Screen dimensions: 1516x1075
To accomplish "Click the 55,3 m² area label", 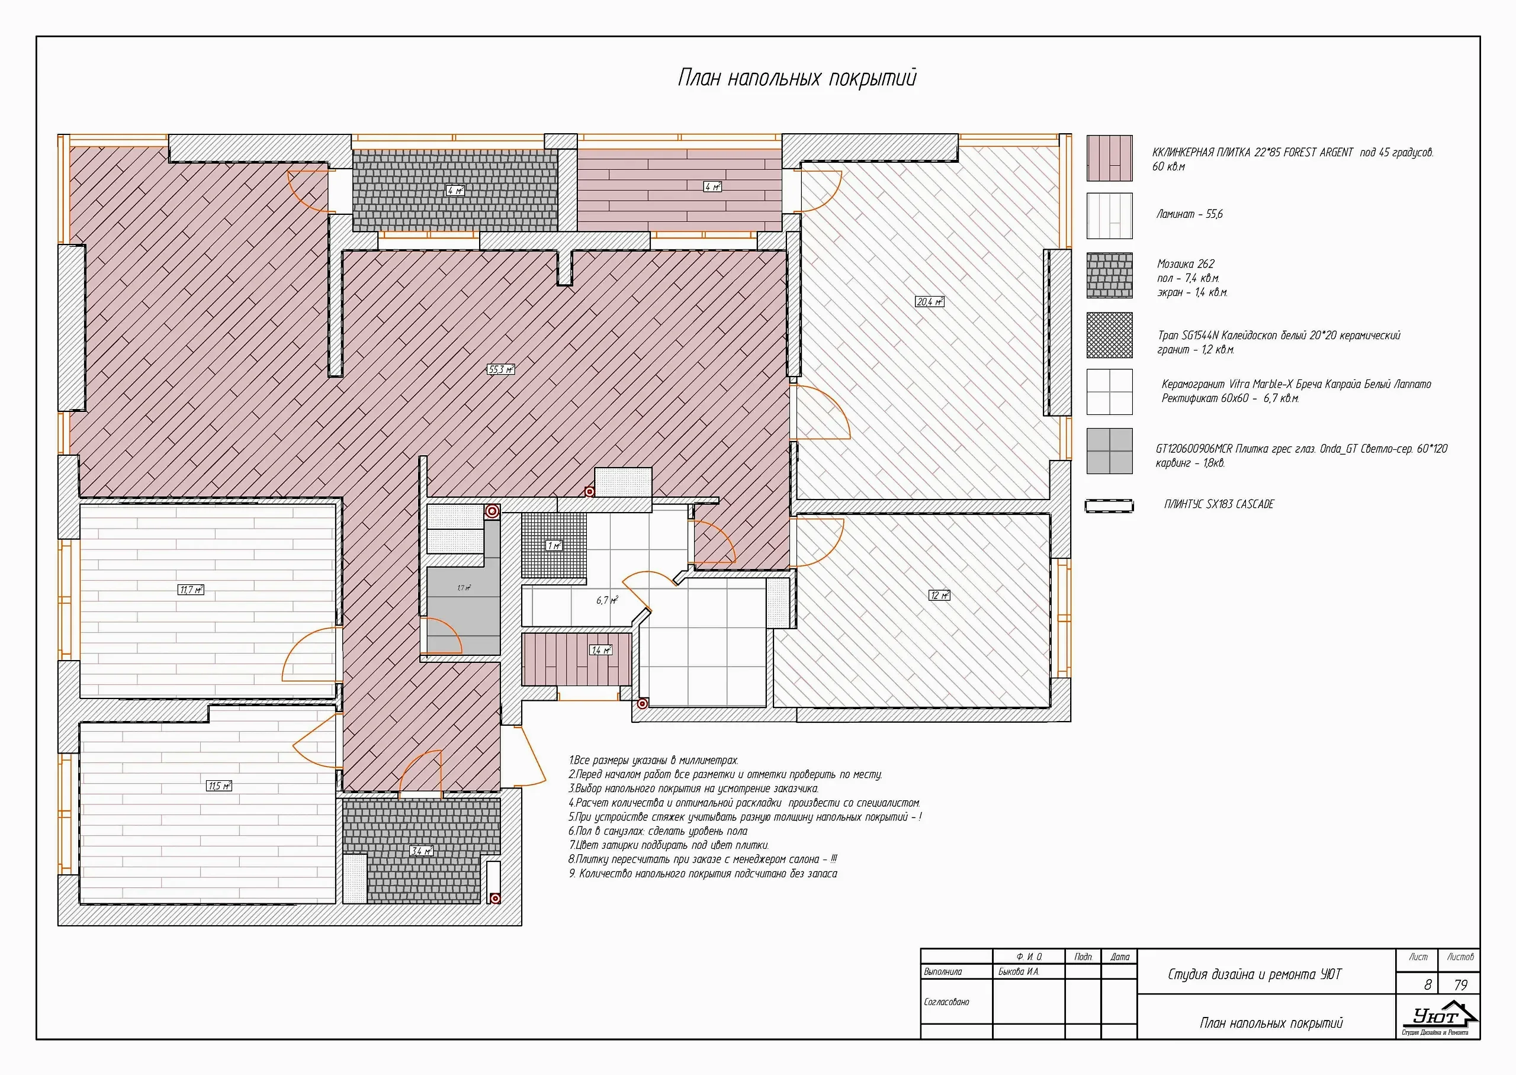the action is [500, 369].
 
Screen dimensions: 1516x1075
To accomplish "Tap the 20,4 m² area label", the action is [930, 302].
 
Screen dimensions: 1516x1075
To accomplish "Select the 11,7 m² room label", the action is [191, 590].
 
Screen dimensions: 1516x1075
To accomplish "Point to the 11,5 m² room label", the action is [219, 786].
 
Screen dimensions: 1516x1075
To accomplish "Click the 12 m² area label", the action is [939, 595].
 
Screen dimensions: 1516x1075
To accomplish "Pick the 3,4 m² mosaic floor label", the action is [421, 851].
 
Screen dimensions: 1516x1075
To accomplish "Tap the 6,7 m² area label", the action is [607, 600].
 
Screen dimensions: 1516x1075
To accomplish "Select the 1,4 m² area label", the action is [601, 650].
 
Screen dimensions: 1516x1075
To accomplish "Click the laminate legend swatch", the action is [1110, 216].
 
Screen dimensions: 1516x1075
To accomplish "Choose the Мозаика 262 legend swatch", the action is [1110, 275].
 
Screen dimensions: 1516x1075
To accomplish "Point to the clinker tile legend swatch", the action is [1110, 158].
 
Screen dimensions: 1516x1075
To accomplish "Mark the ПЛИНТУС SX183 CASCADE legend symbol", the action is [1110, 506].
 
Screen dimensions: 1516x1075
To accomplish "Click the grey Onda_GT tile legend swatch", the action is [1110, 451].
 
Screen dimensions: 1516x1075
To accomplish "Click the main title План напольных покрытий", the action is [797, 78].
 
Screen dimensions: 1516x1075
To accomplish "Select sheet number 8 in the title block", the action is [1427, 985].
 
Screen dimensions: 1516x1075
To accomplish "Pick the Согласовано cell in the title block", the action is [947, 1002].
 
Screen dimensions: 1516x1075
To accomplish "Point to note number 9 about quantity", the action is [703, 874].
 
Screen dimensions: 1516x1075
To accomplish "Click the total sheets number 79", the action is [1460, 985].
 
